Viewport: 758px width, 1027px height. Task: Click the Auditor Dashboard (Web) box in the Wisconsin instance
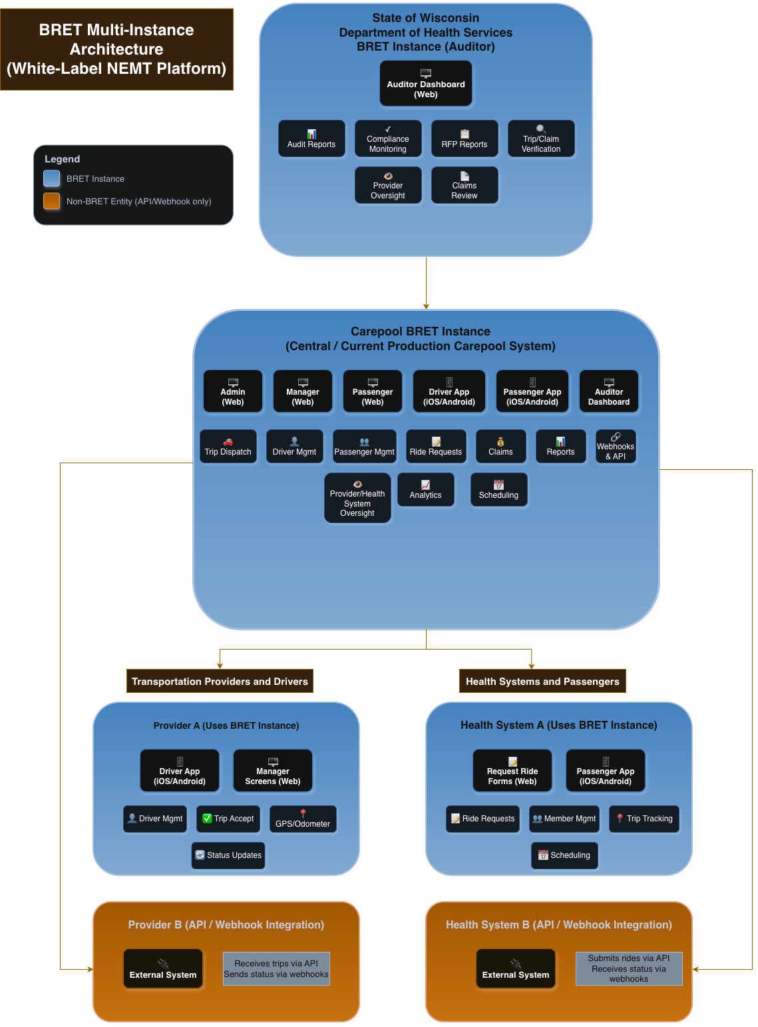click(x=426, y=84)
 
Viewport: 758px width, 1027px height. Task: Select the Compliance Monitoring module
click(x=388, y=138)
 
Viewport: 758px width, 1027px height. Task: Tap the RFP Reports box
click(x=465, y=138)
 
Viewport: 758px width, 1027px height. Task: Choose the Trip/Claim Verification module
click(x=541, y=138)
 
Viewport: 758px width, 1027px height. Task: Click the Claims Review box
click(x=465, y=185)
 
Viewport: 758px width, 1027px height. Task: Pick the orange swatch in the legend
click(x=52, y=201)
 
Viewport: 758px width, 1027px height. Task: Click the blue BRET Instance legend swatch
click(x=52, y=178)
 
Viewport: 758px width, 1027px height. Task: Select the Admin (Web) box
click(x=233, y=392)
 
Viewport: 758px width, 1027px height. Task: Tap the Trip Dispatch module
click(x=228, y=447)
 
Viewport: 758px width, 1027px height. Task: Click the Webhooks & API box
click(x=616, y=447)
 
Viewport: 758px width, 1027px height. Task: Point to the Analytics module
click(x=426, y=490)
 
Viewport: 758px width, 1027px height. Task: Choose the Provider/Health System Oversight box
click(x=357, y=498)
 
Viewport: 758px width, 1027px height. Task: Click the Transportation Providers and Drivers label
click(x=220, y=681)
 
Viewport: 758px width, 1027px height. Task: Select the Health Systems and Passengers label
click(x=542, y=681)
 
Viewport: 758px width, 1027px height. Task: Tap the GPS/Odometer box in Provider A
click(x=303, y=819)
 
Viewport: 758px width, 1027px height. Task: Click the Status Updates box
click(x=228, y=855)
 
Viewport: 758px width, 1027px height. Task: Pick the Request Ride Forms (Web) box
click(x=512, y=771)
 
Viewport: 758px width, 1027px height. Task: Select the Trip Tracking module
click(x=644, y=819)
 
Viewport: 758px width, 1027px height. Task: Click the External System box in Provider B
click(x=163, y=969)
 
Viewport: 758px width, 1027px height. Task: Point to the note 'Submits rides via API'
click(x=629, y=968)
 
